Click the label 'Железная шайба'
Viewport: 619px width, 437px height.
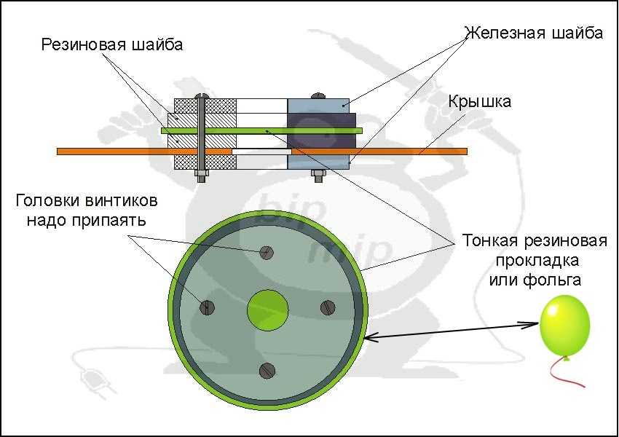pyautogui.click(x=534, y=33)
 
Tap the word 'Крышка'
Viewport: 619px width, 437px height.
pyautogui.click(x=479, y=101)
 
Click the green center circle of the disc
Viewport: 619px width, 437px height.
pyautogui.click(x=268, y=309)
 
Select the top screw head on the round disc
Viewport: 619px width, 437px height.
pyautogui.click(x=267, y=253)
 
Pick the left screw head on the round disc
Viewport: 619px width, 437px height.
pyautogui.click(x=208, y=307)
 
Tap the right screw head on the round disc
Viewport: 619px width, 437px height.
pyautogui.click(x=327, y=307)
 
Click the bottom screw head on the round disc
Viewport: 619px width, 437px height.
pyautogui.click(x=267, y=370)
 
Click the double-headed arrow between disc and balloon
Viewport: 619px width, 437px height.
pyautogui.click(x=452, y=329)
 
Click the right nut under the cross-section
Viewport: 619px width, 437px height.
pyautogui.click(x=318, y=175)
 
